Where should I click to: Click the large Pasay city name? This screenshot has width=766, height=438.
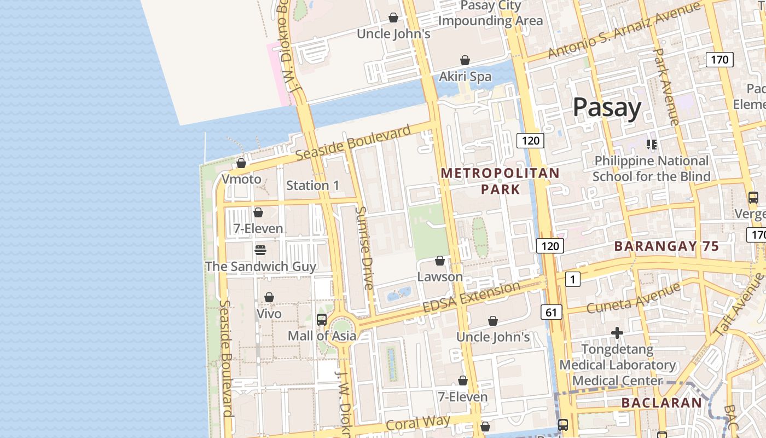pyautogui.click(x=606, y=108)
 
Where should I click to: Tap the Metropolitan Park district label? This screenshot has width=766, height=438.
pyautogui.click(x=500, y=181)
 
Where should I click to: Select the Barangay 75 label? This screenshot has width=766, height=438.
pyautogui.click(x=666, y=246)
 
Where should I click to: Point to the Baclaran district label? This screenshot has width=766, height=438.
pyautogui.click(x=661, y=403)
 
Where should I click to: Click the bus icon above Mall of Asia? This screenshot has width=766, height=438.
pyautogui.click(x=322, y=319)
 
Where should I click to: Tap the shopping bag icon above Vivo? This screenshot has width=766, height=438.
pyautogui.click(x=269, y=297)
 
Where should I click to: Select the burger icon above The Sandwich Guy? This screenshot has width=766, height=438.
pyautogui.click(x=260, y=250)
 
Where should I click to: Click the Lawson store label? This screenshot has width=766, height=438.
pyautogui.click(x=440, y=276)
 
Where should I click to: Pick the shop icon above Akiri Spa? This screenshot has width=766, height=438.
pyautogui.click(x=465, y=60)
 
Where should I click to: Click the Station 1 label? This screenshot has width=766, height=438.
pyautogui.click(x=312, y=186)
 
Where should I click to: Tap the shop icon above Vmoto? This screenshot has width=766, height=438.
pyautogui.click(x=241, y=163)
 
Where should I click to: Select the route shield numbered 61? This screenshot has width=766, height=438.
pyautogui.click(x=551, y=313)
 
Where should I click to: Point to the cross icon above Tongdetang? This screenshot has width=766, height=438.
pyautogui.click(x=617, y=333)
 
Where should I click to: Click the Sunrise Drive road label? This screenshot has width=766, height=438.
pyautogui.click(x=364, y=247)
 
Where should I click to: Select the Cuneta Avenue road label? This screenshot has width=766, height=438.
pyautogui.click(x=633, y=298)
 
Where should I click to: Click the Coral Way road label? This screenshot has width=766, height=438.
pyautogui.click(x=418, y=423)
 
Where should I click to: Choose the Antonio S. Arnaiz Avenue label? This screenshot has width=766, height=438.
pyautogui.click(x=624, y=30)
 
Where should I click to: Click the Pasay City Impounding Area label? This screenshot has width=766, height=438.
pyautogui.click(x=491, y=13)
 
